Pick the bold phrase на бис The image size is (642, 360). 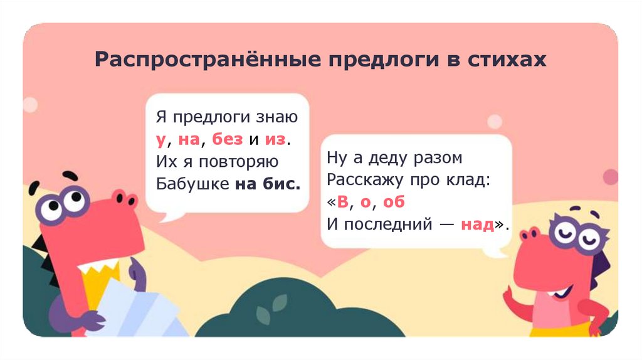coord(268,184)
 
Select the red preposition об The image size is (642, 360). coord(394,202)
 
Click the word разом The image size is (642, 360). coord(440,158)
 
